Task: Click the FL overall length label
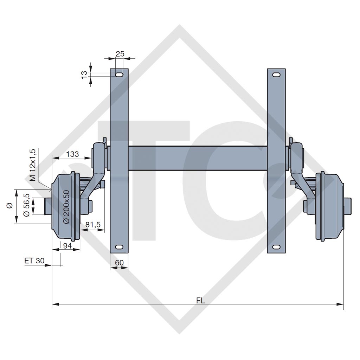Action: [200, 300]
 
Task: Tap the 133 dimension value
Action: [72, 154]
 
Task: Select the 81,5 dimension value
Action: [93, 225]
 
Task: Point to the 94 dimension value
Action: [67, 246]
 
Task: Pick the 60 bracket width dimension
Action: [120, 262]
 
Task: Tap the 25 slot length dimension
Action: [120, 54]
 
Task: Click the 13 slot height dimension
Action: [84, 75]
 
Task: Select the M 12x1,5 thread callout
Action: [33, 165]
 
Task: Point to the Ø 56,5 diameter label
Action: [27, 205]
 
